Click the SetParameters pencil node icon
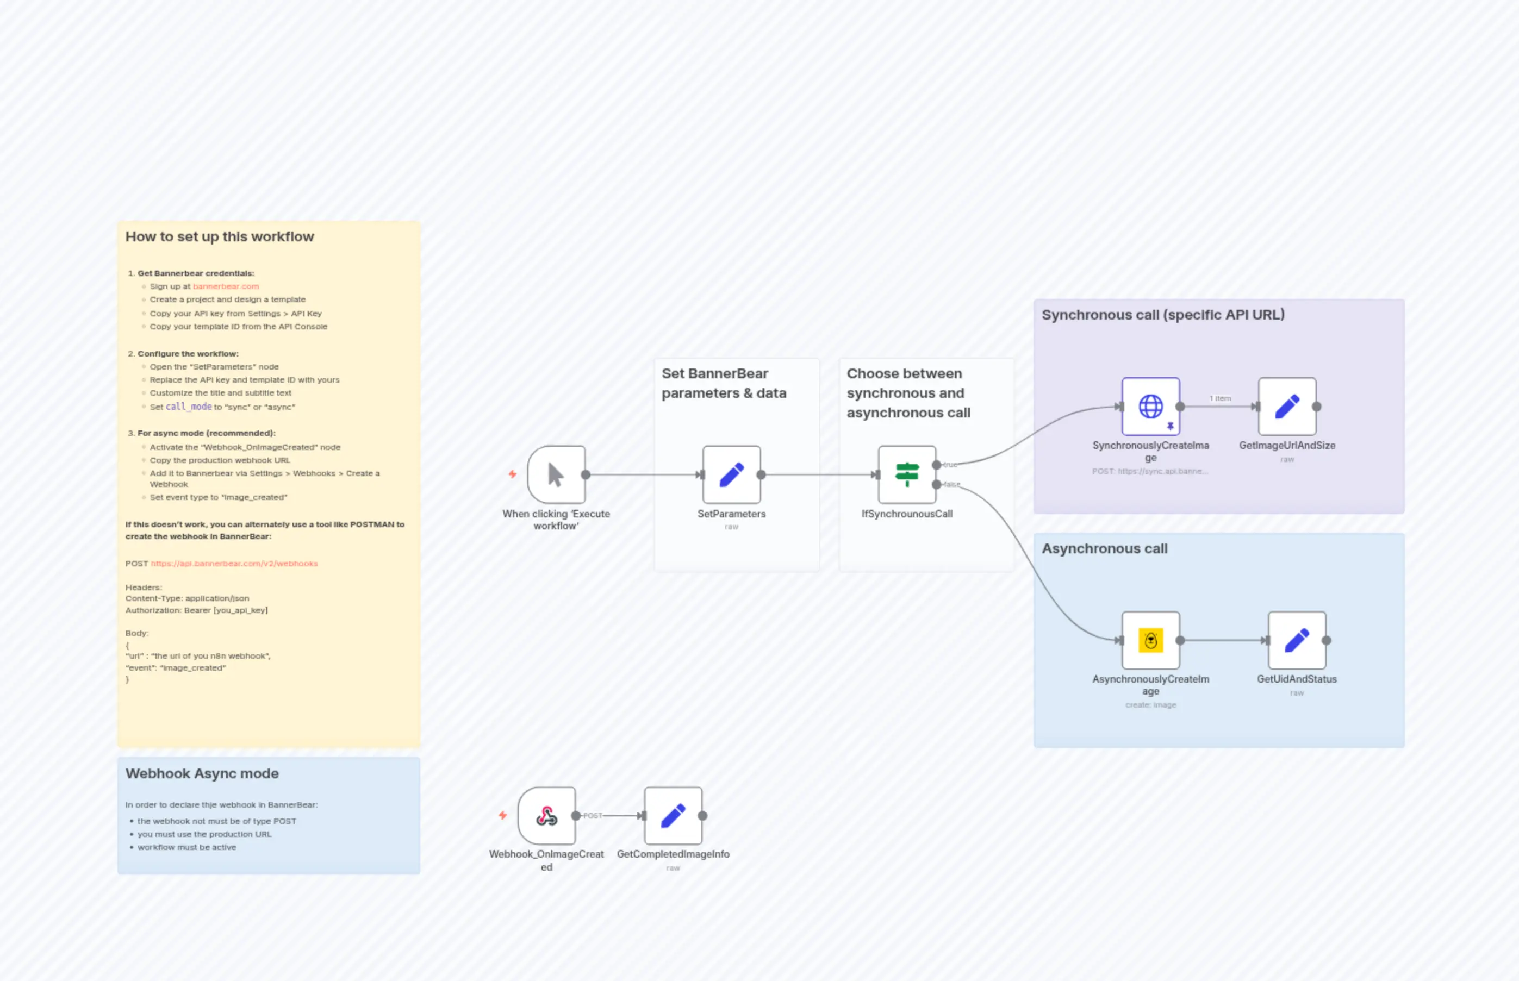(x=731, y=474)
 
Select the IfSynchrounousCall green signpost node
(x=907, y=474)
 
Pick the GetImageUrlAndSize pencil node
(x=1286, y=407)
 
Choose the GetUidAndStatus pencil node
(x=1297, y=640)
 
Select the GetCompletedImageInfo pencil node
(x=673, y=815)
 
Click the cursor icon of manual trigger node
(x=556, y=474)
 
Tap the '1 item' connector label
(x=1220, y=398)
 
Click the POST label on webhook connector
(x=593, y=815)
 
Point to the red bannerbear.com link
(x=226, y=286)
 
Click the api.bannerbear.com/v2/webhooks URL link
(x=234, y=564)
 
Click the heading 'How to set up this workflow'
(x=220, y=236)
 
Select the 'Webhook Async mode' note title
(x=202, y=773)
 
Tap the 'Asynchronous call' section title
(x=1104, y=548)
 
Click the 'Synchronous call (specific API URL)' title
(x=1163, y=315)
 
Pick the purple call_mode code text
(x=189, y=407)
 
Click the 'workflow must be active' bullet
(x=186, y=847)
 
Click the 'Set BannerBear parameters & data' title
(x=724, y=383)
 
